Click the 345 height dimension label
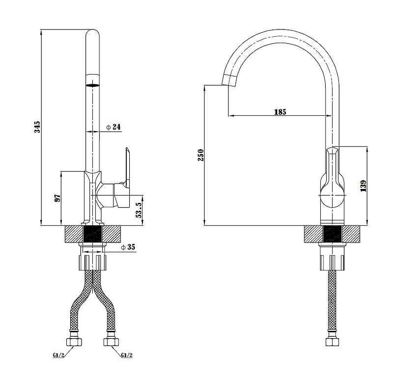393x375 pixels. point(37,127)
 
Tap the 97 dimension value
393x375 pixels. point(57,198)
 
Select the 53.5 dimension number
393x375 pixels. point(139,210)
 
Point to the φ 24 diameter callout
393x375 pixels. point(113,127)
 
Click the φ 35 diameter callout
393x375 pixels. point(128,247)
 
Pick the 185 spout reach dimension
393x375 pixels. point(280,112)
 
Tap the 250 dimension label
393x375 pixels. point(201,155)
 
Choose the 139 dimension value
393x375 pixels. point(363,186)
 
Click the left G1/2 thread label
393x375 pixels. point(58,355)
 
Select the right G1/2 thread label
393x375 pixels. point(127,355)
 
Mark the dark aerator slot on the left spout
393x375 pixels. point(92,85)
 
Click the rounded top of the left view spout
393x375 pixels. point(92,34)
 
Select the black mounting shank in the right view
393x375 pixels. point(332,234)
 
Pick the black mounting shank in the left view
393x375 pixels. point(92,234)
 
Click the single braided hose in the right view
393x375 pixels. point(332,300)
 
